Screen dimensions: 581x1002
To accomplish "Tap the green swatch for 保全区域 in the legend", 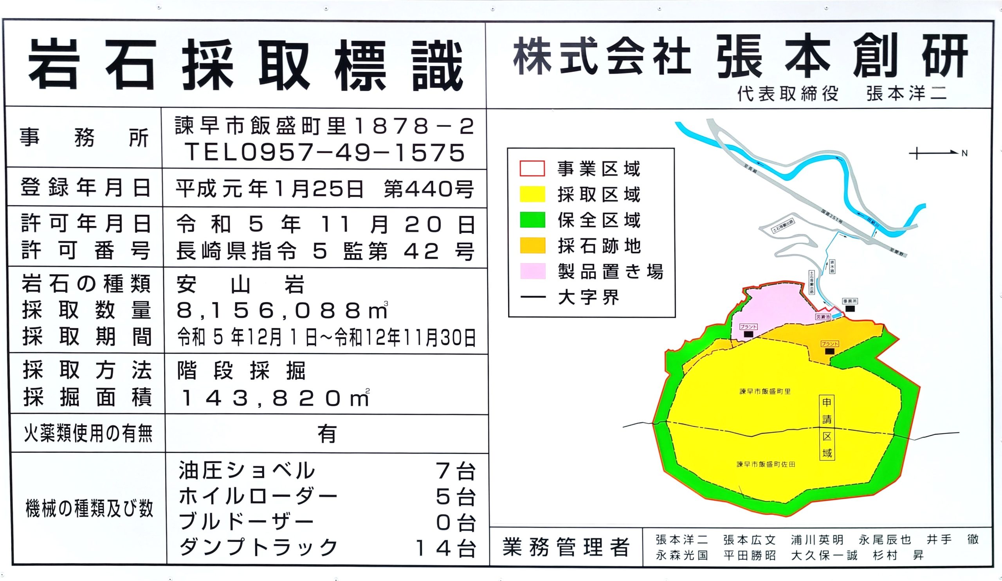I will coord(532,220).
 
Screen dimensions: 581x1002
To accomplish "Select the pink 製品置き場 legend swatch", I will coord(532,271).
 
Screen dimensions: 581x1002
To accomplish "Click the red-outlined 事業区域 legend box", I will coord(532,169).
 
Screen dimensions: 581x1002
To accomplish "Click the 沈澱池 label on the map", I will coord(823,317).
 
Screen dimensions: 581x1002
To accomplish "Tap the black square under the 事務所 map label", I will coord(850,308).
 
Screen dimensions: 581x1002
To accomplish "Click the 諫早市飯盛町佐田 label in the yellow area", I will coord(766,464).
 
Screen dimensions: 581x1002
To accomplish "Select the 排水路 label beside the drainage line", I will coord(832,266).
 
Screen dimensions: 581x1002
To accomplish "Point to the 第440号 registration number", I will coord(429,189).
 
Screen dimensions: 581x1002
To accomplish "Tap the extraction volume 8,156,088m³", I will coord(282,311).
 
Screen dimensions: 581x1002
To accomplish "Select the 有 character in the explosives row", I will coord(327,434).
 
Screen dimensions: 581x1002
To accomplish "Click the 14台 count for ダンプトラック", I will coord(445,549).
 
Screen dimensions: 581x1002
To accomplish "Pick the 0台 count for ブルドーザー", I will coord(456,523).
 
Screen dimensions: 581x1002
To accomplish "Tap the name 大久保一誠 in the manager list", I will coord(824,556).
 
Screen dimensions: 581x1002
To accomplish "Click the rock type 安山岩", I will coord(241,284).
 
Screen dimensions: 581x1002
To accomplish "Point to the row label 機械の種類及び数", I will coord(89,508).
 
